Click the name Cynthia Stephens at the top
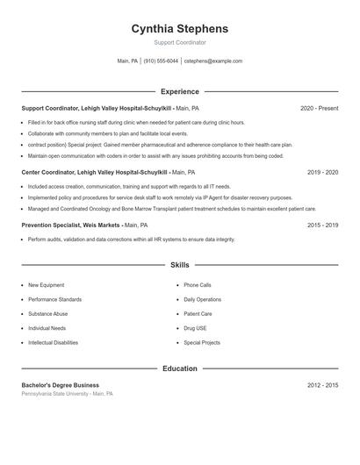click(x=179, y=29)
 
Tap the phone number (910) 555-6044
click(x=161, y=61)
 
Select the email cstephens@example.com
click(x=213, y=61)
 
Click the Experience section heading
click(x=179, y=91)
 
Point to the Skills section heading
click(x=179, y=264)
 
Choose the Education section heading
click(x=179, y=368)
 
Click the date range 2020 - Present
click(x=319, y=108)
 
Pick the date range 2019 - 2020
click(x=322, y=173)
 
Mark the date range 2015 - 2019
click(x=322, y=225)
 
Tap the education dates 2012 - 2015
click(x=322, y=385)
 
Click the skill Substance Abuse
click(x=47, y=313)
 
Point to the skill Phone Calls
click(x=198, y=285)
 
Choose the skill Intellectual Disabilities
click(x=53, y=342)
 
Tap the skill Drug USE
click(x=195, y=328)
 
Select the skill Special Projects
click(x=202, y=342)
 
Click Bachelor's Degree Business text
click(x=60, y=385)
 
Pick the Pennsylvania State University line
click(x=67, y=394)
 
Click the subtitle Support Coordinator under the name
click(x=179, y=42)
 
